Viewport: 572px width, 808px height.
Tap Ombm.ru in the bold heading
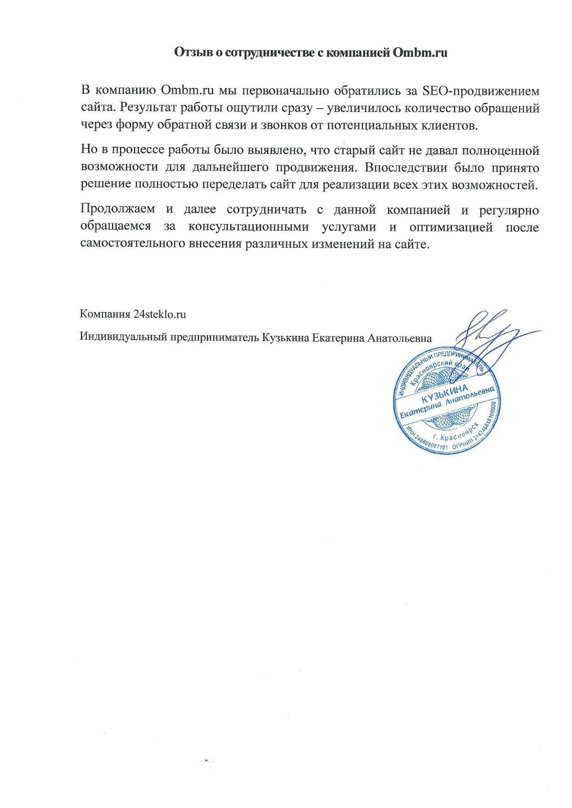(420, 52)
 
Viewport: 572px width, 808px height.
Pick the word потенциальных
(388, 125)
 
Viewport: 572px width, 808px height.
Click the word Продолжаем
(118, 210)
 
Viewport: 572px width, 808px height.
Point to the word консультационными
(248, 227)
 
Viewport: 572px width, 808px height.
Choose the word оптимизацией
(451, 227)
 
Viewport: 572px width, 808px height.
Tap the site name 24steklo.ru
(160, 314)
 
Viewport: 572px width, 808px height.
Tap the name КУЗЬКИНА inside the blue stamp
(444, 393)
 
